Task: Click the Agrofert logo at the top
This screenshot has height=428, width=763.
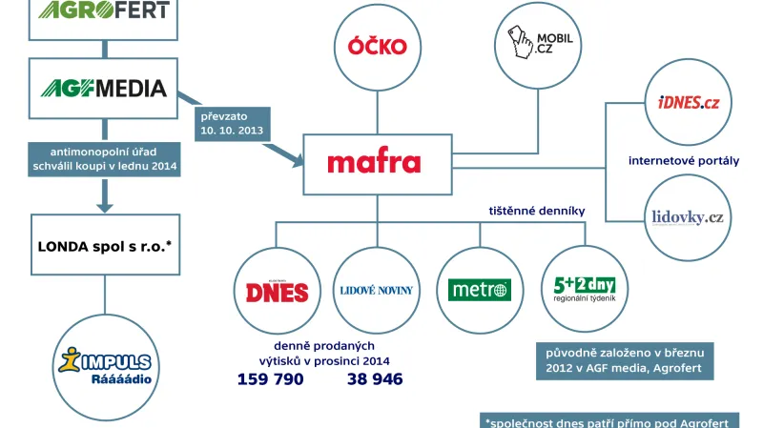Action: (104, 12)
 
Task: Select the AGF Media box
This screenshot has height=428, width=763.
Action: (104, 89)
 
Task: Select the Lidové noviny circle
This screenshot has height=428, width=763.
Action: (377, 290)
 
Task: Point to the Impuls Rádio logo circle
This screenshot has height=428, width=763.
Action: (105, 364)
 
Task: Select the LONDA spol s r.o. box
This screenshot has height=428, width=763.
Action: (103, 246)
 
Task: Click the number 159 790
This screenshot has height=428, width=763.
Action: (270, 379)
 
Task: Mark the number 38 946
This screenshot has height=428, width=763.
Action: (374, 379)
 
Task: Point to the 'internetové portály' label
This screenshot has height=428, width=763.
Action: (683, 160)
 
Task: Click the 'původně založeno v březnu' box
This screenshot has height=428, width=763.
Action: (624, 359)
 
